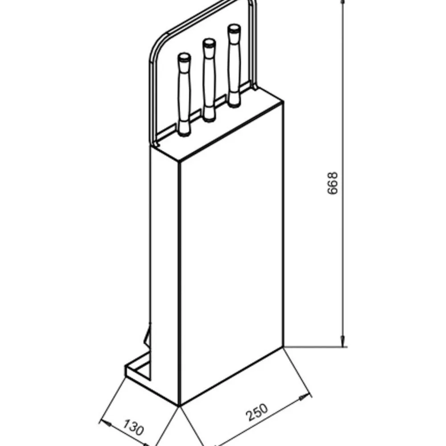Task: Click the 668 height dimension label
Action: coord(333,183)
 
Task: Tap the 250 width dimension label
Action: coord(257,412)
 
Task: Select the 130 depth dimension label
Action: coord(133,427)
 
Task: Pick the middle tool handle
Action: coord(209,80)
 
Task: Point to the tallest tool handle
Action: coord(234,66)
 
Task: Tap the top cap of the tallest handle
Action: coord(234,28)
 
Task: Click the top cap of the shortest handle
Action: coord(184,57)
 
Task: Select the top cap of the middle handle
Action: coord(209,43)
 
